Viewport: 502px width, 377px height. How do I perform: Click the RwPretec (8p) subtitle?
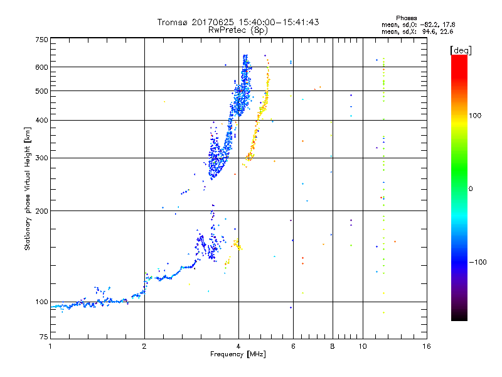click(x=238, y=30)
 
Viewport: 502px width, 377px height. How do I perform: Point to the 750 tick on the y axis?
click(x=41, y=39)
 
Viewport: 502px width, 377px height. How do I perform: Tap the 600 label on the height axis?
click(x=41, y=67)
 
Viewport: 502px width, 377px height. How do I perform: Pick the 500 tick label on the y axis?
click(x=41, y=91)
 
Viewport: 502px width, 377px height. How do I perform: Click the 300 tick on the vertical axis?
click(x=41, y=158)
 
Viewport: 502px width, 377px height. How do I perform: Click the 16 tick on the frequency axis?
click(x=426, y=347)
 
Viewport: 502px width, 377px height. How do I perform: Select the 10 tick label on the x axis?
click(x=362, y=347)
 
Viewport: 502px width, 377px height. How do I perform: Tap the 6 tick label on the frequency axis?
click(x=293, y=347)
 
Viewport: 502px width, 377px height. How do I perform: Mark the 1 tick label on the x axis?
click(x=50, y=347)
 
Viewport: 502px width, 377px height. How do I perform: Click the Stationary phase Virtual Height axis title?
click(x=28, y=188)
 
